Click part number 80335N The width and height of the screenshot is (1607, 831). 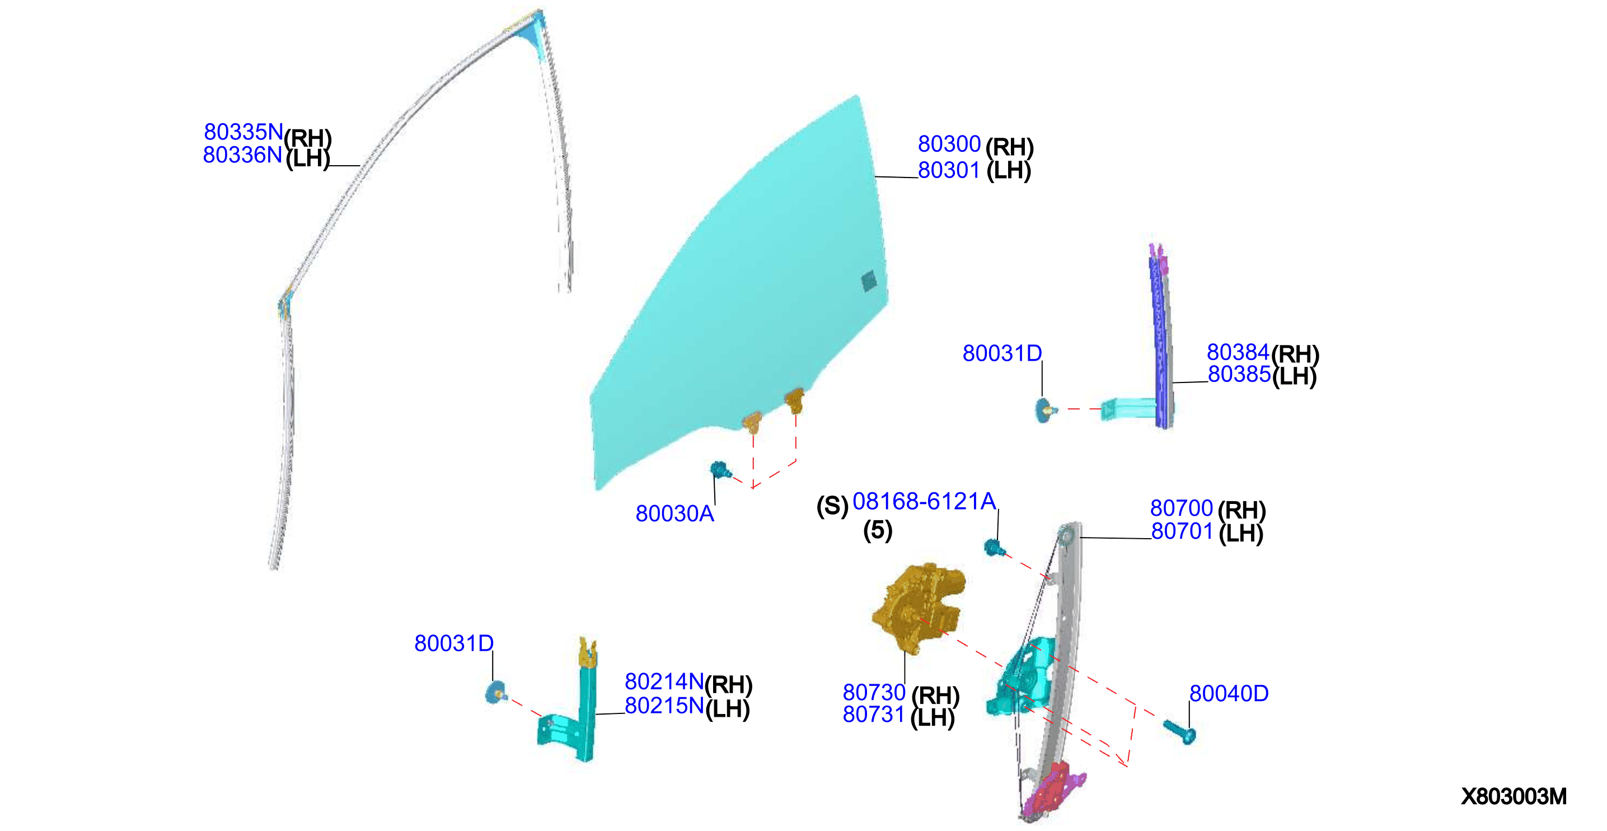tap(243, 132)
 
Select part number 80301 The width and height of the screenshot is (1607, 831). tap(949, 170)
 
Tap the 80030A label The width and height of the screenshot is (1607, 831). tap(674, 513)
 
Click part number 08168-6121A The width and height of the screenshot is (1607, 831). tap(924, 501)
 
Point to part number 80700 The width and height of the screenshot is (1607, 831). tap(1181, 508)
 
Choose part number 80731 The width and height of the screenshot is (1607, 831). tap(873, 715)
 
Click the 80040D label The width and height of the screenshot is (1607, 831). tap(1228, 693)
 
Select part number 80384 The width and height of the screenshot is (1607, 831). tap(1238, 352)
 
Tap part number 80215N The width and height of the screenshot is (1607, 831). tap(664, 706)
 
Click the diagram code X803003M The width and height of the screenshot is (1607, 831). tap(1514, 796)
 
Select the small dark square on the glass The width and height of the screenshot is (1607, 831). tap(868, 281)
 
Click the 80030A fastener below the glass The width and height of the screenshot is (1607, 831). tap(720, 470)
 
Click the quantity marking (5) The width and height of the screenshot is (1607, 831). tap(877, 530)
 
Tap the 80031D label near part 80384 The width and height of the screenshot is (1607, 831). tap(1002, 353)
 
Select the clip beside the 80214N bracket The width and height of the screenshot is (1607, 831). tap(496, 693)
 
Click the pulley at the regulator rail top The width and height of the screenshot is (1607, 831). tap(1066, 535)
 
